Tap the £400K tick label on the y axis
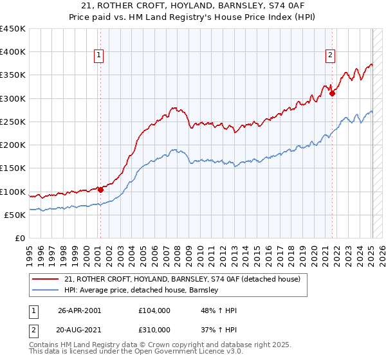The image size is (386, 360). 13,52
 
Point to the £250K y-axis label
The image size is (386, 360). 13,122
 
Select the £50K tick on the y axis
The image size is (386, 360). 15,215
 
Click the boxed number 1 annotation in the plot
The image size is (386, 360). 100,56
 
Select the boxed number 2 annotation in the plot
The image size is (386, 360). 330,56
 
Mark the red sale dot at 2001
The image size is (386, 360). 100,190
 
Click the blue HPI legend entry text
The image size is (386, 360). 142,291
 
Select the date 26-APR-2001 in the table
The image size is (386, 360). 79,310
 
